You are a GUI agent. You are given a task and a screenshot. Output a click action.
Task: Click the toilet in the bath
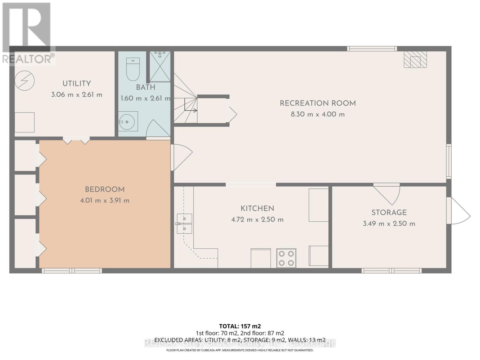(133, 69)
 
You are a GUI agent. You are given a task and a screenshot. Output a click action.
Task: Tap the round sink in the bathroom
(127, 121)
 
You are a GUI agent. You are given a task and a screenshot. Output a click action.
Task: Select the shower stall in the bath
(160, 66)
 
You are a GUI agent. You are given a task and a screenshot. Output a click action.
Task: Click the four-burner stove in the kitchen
(286, 258)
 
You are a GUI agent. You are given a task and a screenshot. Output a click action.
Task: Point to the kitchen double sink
(184, 223)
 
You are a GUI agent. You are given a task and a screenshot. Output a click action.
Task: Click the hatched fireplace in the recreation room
(415, 59)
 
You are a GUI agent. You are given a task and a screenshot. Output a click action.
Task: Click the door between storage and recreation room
(387, 193)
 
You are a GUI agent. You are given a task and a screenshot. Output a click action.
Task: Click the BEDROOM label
(105, 190)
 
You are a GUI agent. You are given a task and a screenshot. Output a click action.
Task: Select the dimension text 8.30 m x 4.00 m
(317, 114)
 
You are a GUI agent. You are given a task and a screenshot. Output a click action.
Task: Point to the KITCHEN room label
(257, 208)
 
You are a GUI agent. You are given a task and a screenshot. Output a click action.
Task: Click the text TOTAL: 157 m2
(240, 326)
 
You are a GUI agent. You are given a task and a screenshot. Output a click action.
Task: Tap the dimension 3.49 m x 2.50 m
(389, 223)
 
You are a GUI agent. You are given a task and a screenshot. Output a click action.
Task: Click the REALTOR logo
(28, 33)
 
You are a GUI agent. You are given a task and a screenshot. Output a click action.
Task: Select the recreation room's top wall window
(372, 49)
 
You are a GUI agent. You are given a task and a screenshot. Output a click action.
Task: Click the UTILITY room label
(76, 84)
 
